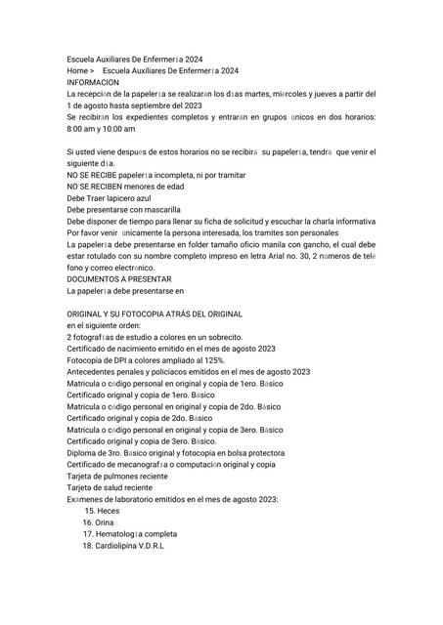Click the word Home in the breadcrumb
click(x=78, y=71)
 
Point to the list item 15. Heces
click(x=102, y=510)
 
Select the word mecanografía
click(x=137, y=464)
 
